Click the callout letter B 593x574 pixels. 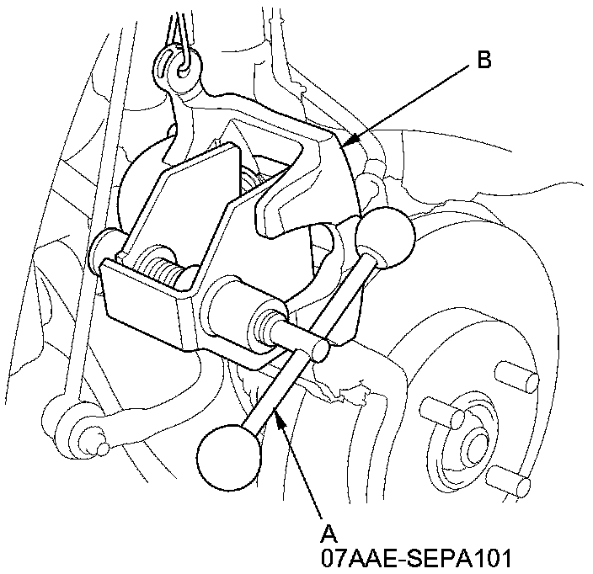[x=483, y=60]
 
